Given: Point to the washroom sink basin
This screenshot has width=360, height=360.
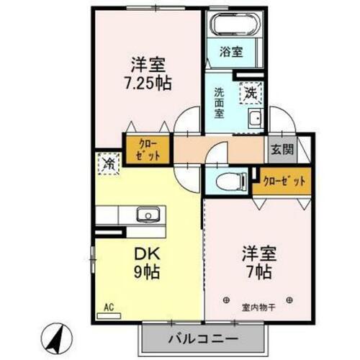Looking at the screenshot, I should pyautogui.click(x=255, y=119).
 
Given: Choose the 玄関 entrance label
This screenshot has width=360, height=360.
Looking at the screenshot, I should pyautogui.click(x=282, y=150).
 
